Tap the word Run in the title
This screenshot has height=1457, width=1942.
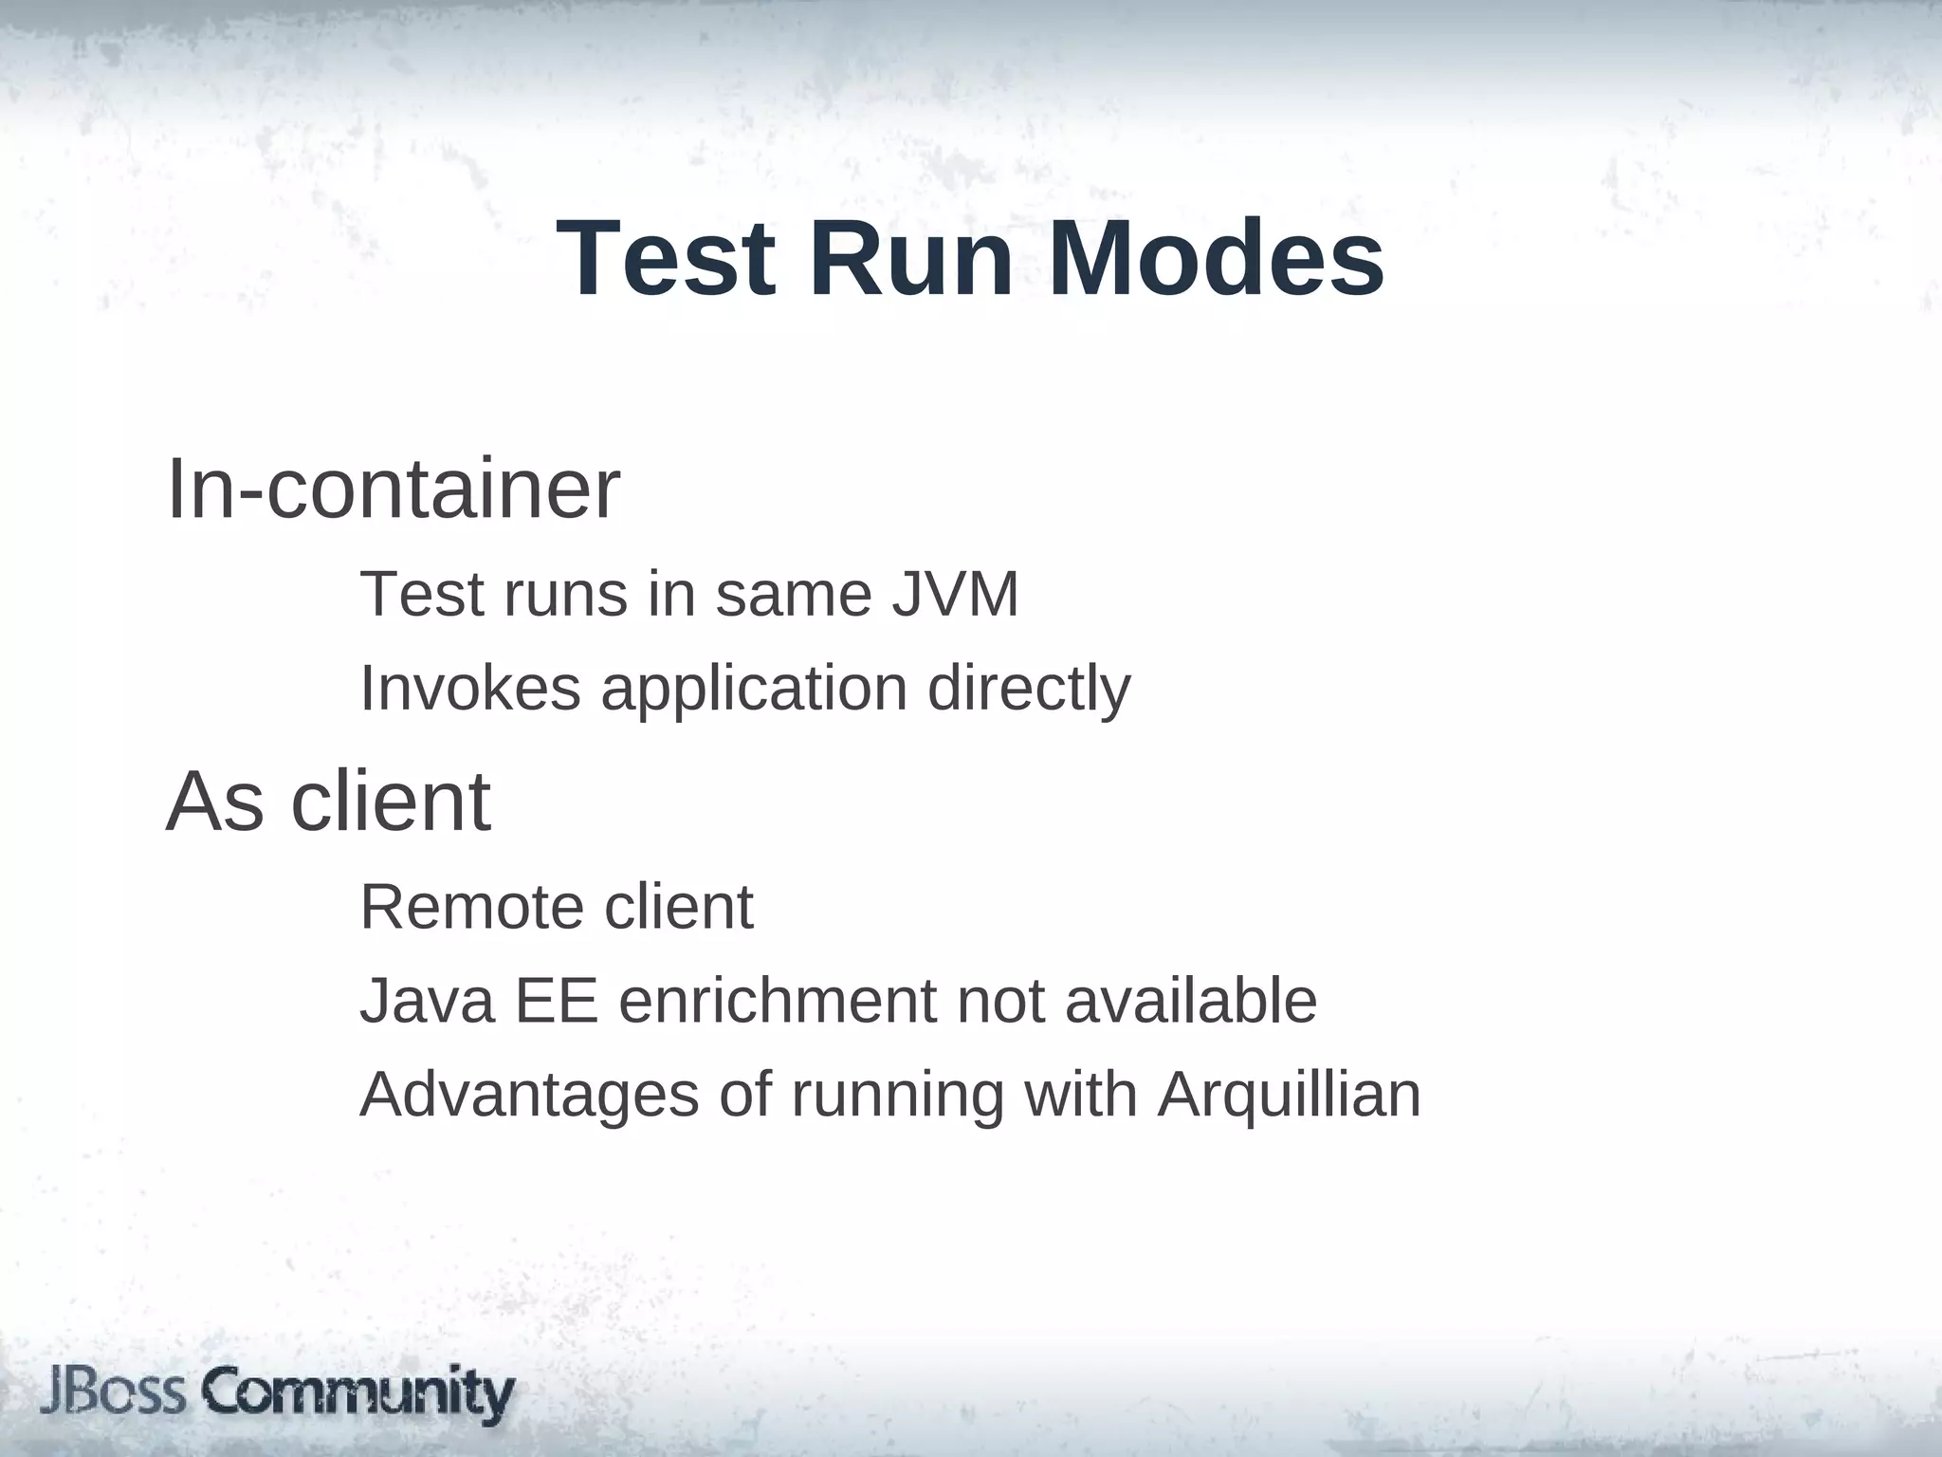pyautogui.click(x=912, y=258)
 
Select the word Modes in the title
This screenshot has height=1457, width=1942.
pyautogui.click(x=1216, y=258)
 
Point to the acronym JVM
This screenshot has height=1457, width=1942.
pyautogui.click(x=955, y=595)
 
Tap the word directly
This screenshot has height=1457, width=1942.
pyautogui.click(x=1029, y=691)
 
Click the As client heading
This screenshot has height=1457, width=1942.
pyautogui.click(x=328, y=802)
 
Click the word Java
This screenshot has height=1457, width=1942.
pyautogui.click(x=427, y=1001)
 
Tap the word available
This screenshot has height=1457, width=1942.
pyautogui.click(x=1191, y=1001)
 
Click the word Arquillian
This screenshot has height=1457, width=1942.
pyautogui.click(x=1289, y=1097)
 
